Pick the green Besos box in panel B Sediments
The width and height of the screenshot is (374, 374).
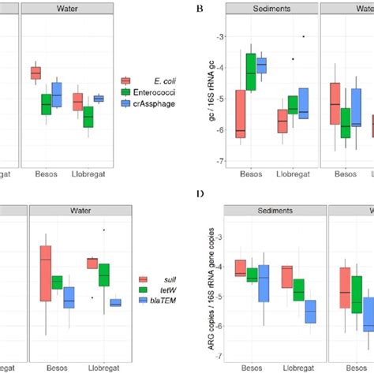pos(252,72)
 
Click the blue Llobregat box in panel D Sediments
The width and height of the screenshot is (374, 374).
pos(310,311)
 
